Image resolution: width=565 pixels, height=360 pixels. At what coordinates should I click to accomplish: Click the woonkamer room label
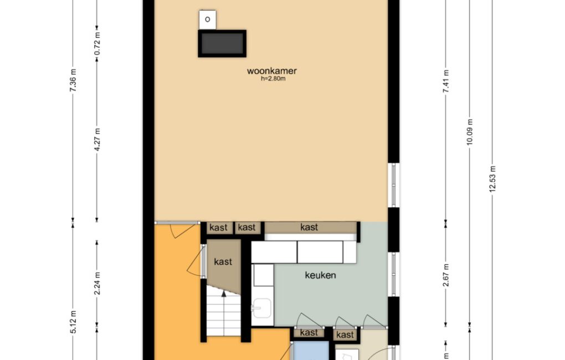(x=271, y=71)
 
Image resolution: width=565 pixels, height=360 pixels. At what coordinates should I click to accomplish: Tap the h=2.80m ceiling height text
(x=273, y=79)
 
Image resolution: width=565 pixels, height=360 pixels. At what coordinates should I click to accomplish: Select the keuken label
(x=320, y=275)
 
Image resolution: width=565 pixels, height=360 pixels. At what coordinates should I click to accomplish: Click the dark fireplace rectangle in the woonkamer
(x=222, y=44)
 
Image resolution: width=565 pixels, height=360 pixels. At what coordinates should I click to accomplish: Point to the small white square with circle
(x=208, y=19)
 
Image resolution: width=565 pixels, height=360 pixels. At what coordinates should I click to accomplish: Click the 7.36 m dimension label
(x=73, y=80)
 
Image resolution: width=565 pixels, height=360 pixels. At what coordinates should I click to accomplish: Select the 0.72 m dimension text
(x=97, y=44)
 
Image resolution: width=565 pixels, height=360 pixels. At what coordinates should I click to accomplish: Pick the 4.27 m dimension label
(x=97, y=140)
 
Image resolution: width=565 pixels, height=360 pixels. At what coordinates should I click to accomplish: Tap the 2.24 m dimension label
(x=97, y=283)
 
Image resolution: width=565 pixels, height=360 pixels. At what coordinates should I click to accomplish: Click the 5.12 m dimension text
(x=73, y=321)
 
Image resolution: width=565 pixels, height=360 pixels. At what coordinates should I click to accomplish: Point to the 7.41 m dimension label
(x=446, y=81)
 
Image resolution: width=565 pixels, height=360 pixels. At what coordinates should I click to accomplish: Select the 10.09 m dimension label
(x=470, y=132)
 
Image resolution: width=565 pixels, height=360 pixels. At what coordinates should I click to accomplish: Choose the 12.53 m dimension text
(x=493, y=179)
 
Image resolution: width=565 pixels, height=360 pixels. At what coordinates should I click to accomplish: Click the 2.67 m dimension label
(x=446, y=275)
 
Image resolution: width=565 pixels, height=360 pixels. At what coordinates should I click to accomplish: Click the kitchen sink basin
(x=262, y=308)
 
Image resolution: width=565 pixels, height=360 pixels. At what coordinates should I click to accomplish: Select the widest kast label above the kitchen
(x=309, y=227)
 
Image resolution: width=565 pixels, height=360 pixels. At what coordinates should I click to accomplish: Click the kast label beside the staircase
(x=223, y=261)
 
